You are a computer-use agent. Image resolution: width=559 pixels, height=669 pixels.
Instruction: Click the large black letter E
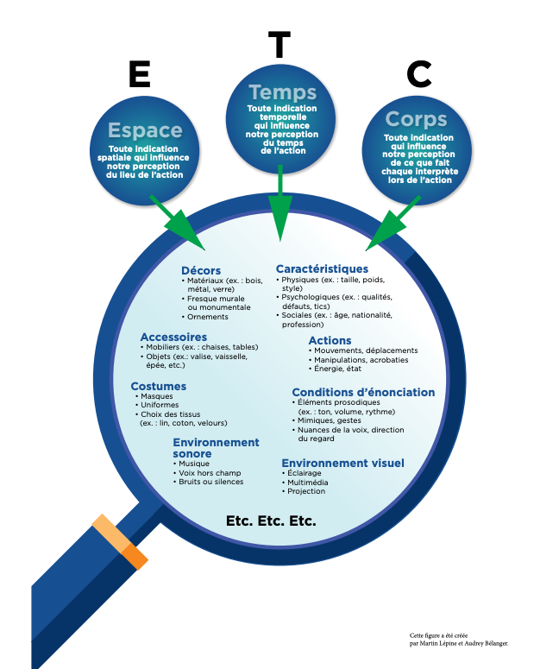[139, 74]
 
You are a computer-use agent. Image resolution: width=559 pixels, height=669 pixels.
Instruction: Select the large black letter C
[418, 74]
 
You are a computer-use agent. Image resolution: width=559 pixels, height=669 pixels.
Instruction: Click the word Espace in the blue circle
[144, 131]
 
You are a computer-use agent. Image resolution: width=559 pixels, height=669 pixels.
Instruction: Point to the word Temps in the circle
[282, 92]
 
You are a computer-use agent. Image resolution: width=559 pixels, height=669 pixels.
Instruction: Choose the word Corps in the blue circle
[416, 119]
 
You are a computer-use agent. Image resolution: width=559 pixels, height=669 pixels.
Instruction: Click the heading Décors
[201, 270]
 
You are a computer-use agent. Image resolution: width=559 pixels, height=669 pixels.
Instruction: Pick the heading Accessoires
[173, 337]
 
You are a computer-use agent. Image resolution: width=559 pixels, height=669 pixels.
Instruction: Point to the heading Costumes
[159, 386]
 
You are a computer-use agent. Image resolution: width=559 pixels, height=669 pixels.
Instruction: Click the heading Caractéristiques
[322, 269]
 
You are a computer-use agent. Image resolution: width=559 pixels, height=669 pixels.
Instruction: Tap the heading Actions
[330, 341]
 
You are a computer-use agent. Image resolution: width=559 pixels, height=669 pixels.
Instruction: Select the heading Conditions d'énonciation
[363, 392]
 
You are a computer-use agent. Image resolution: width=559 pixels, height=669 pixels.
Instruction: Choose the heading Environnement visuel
[342, 463]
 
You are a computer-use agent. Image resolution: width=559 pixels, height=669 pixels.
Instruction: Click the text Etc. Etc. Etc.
[271, 521]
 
